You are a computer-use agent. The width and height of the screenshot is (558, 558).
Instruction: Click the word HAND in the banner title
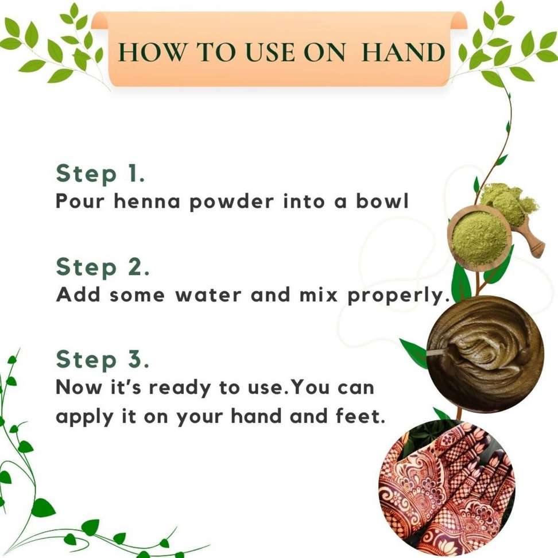click(x=403, y=53)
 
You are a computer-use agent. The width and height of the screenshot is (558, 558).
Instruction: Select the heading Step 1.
click(x=100, y=174)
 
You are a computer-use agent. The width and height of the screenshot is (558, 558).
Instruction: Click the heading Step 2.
click(x=103, y=268)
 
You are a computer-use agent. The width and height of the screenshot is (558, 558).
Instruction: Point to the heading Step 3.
click(x=103, y=359)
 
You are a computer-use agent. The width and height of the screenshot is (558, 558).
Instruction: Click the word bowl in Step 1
click(x=382, y=201)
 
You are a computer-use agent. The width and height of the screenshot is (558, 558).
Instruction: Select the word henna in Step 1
click(x=147, y=201)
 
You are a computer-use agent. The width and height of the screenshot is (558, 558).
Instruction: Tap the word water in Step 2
click(x=208, y=295)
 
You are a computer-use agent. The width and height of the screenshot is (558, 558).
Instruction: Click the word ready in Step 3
click(x=180, y=388)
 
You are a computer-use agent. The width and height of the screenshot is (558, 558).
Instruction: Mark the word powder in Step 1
click(x=232, y=202)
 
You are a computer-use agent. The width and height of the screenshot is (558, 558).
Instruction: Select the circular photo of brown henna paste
click(x=485, y=354)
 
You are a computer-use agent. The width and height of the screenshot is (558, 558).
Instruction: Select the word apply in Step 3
click(x=84, y=417)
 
